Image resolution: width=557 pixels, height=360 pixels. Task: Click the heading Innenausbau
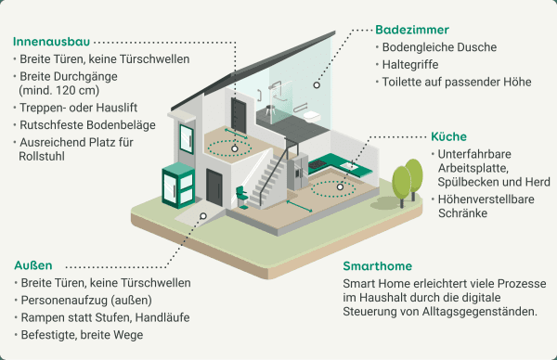click(x=51, y=42)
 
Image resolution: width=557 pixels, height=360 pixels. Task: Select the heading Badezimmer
click(x=413, y=29)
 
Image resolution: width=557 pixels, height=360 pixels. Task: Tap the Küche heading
click(x=449, y=135)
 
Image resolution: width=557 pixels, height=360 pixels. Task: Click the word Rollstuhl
click(x=44, y=157)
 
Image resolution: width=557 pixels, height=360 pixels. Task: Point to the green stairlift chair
click(x=240, y=196)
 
